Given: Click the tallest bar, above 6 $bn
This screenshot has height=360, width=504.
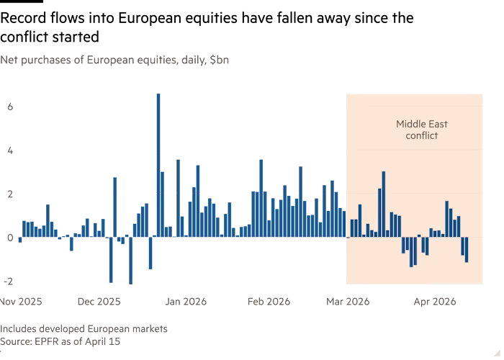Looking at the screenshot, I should (158, 164).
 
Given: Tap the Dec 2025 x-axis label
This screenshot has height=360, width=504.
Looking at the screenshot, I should (99, 302).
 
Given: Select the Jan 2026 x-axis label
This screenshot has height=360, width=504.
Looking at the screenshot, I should (186, 302).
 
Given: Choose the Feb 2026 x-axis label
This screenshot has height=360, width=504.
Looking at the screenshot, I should (269, 302).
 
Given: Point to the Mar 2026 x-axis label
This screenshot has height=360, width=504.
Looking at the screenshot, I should (348, 302).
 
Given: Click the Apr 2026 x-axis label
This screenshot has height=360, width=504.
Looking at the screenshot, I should (434, 302).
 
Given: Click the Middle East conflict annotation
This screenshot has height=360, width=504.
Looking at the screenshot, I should (421, 130).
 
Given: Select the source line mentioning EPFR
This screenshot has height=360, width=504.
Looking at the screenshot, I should (60, 342).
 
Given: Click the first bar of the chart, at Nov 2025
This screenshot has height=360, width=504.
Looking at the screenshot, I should (20, 240).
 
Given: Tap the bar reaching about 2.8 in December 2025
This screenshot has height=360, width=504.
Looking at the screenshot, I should (115, 207).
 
